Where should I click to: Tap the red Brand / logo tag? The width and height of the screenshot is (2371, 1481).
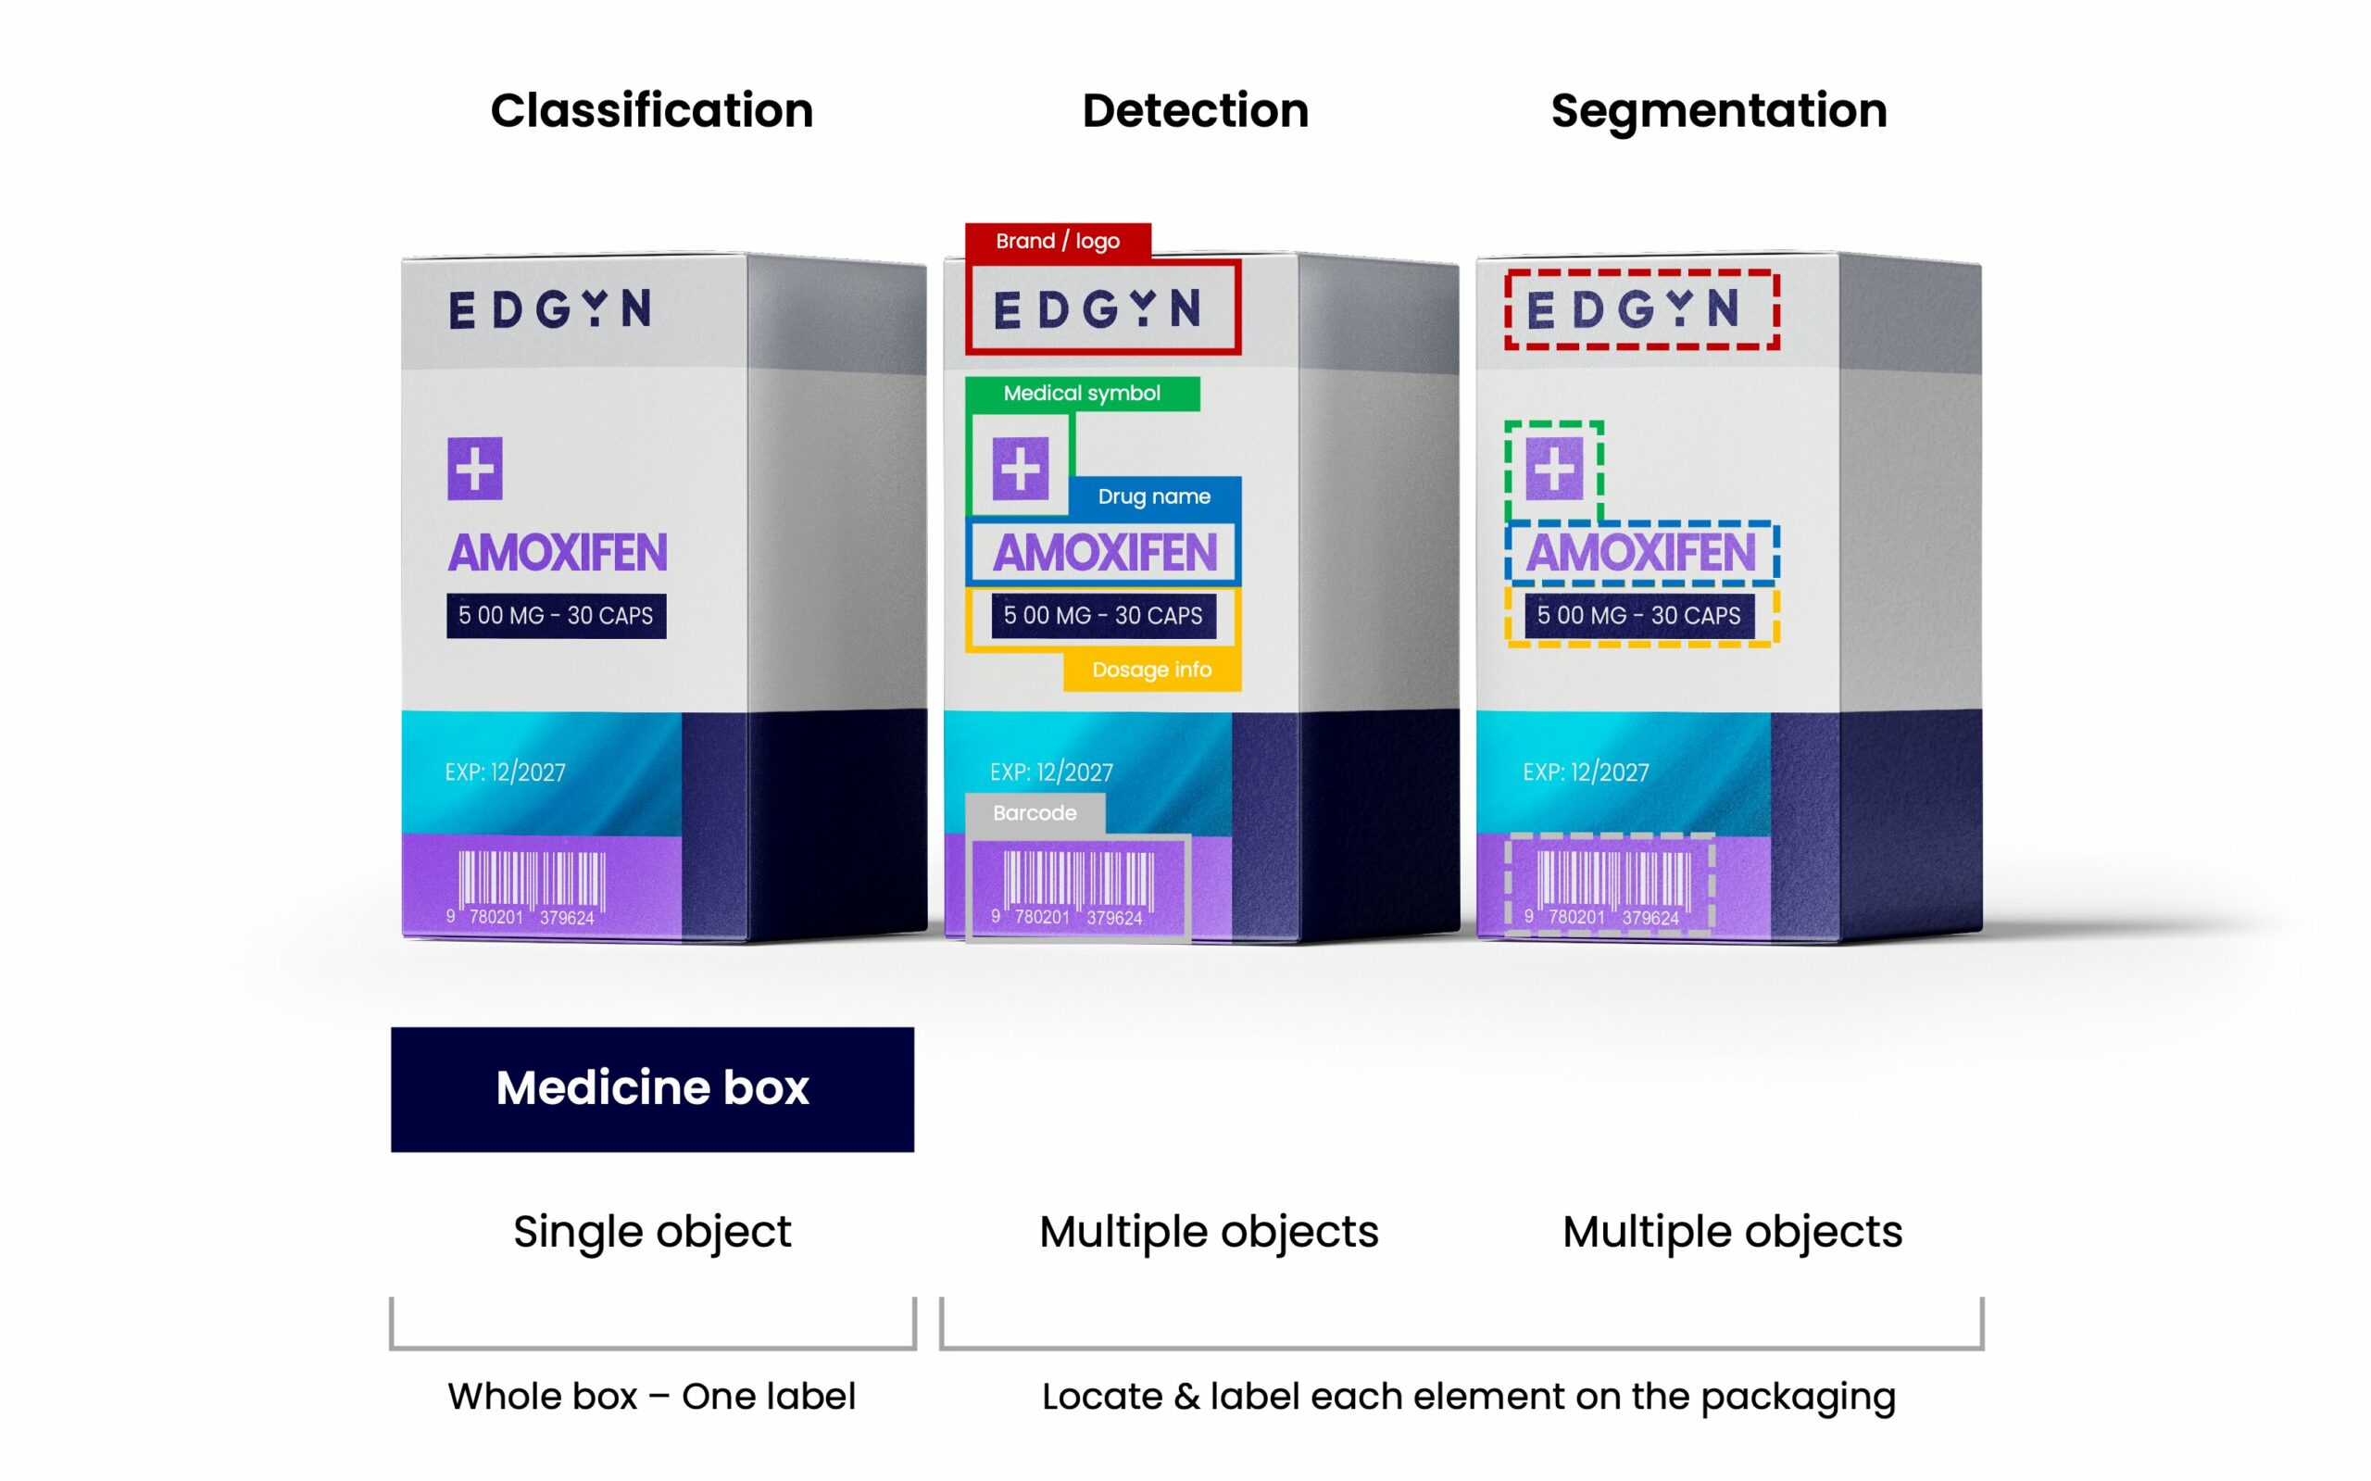pyautogui.click(x=1058, y=241)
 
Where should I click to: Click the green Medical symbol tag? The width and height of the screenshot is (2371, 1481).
pyautogui.click(x=1081, y=394)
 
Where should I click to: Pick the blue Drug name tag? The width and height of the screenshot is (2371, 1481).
pyautogui.click(x=1154, y=496)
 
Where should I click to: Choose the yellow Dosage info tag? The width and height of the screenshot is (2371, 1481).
pyautogui.click(x=1152, y=670)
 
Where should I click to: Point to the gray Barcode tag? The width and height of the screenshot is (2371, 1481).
pyautogui.click(x=1035, y=813)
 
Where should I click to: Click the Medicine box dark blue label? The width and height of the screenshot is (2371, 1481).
pyautogui.click(x=652, y=1088)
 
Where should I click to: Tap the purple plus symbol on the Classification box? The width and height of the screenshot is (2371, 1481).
pyautogui.click(x=475, y=470)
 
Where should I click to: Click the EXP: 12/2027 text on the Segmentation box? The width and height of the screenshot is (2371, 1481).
pyautogui.click(x=1586, y=772)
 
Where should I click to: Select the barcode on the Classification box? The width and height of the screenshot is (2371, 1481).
pyautogui.click(x=532, y=885)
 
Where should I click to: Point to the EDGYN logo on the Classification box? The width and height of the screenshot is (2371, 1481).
pyautogui.click(x=550, y=309)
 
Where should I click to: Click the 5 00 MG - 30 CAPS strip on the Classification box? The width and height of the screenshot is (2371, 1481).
pyautogui.click(x=557, y=616)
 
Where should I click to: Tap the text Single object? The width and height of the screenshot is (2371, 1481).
pyautogui.click(x=652, y=1232)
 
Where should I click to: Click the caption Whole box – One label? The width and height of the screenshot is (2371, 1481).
pyautogui.click(x=652, y=1397)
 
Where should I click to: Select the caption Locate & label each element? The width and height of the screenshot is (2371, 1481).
pyautogui.click(x=1468, y=1397)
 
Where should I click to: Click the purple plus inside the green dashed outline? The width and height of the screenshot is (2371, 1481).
pyautogui.click(x=1554, y=470)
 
